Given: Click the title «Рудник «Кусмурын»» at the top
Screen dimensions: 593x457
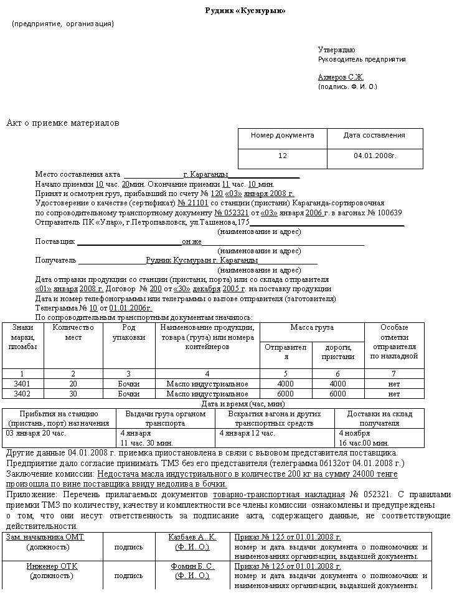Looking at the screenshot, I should click(246, 11).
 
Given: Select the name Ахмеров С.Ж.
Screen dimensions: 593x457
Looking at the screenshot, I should click(341, 77).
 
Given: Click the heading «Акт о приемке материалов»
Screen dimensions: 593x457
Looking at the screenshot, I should click(62, 123).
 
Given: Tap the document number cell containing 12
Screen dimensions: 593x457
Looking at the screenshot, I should click(283, 156).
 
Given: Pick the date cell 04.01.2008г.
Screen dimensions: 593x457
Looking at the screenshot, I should click(375, 156).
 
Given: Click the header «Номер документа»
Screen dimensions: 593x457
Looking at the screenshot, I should click(283, 135).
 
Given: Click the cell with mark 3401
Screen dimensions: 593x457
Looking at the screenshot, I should click(22, 384).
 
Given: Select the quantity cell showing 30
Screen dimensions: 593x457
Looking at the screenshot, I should click(73, 394).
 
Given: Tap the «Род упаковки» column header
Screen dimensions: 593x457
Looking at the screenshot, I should click(129, 332).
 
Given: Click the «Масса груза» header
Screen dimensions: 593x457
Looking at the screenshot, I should click(311, 327).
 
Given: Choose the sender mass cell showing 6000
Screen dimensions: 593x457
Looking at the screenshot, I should click(285, 394).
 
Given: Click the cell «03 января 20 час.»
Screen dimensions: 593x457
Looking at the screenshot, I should click(36, 432).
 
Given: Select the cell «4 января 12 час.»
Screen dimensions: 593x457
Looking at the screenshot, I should click(247, 432).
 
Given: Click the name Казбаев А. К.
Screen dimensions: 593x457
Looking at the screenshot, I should click(192, 537).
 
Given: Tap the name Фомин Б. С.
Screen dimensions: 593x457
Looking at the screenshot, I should click(192, 566).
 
